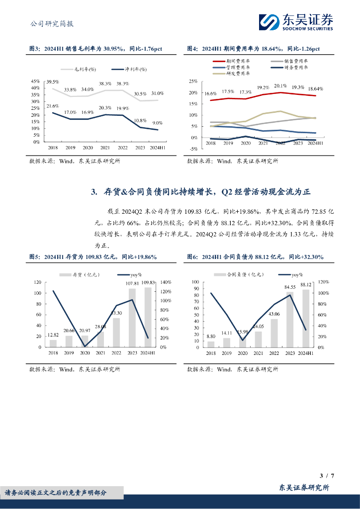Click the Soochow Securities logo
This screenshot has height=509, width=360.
click(296, 21)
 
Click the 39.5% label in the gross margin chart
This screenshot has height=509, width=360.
click(52, 82)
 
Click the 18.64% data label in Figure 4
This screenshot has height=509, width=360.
click(315, 89)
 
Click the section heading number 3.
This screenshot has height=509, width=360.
click(94, 192)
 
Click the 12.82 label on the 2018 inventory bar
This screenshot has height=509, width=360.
click(53, 336)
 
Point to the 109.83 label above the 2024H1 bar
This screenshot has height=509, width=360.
click(148, 283)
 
